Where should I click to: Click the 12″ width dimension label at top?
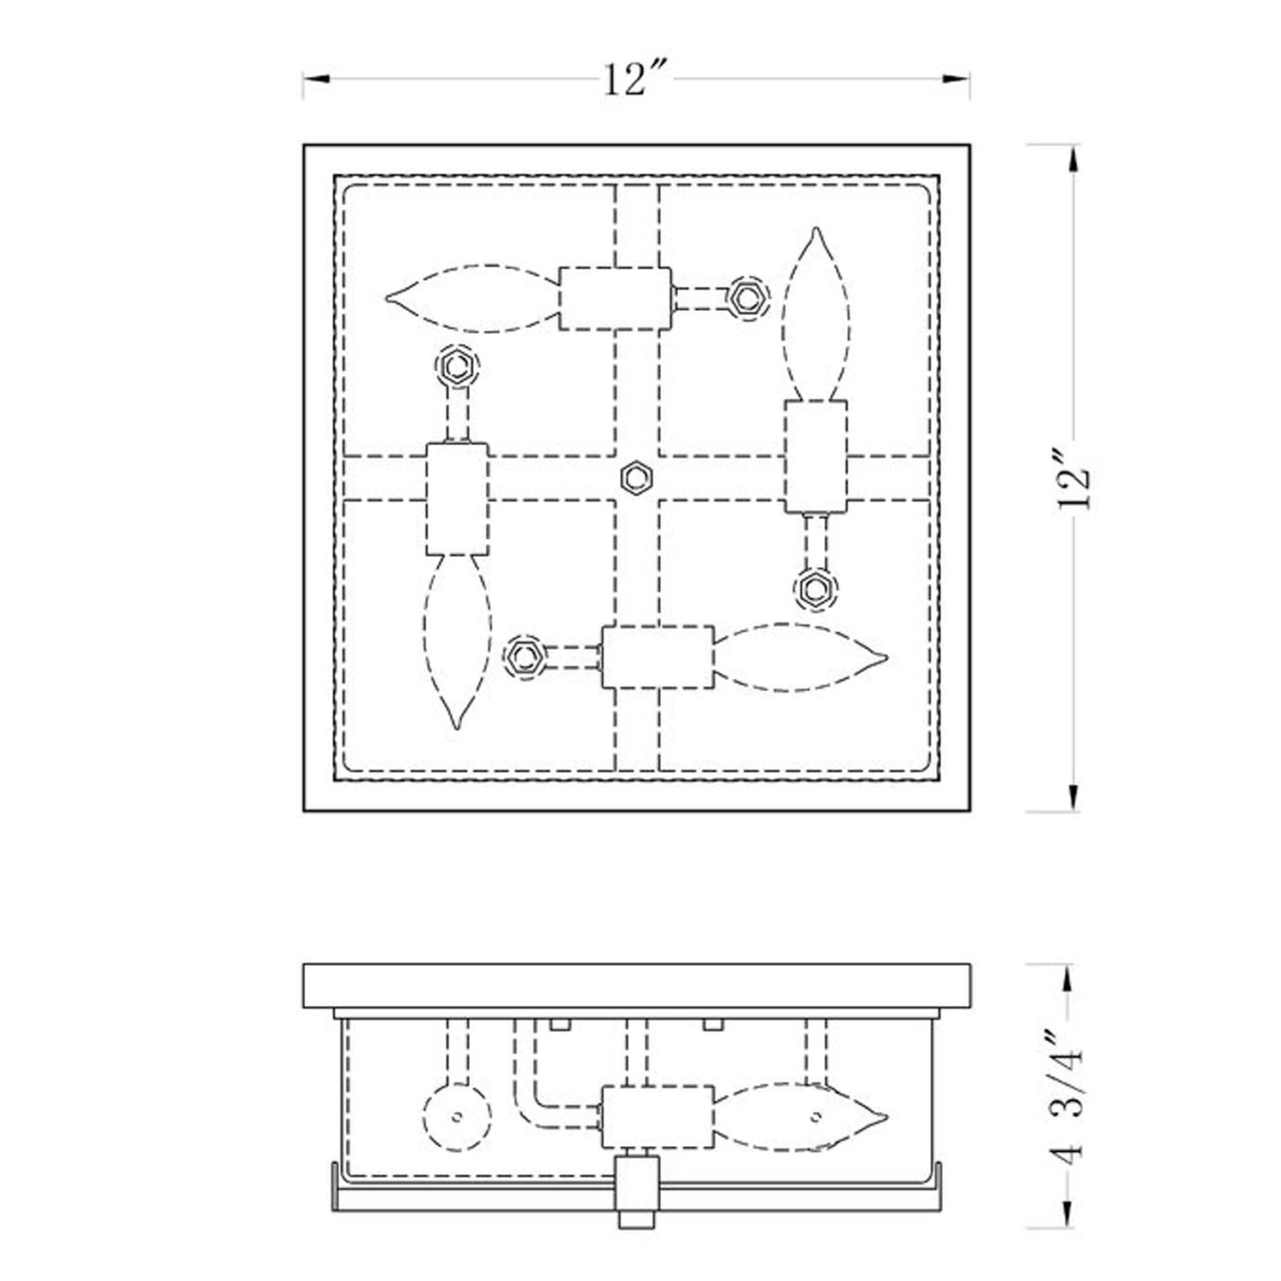click(x=635, y=79)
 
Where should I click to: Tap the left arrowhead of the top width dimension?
click(x=316, y=79)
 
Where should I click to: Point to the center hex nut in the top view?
click(x=636, y=477)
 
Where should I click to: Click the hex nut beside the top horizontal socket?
click(x=748, y=297)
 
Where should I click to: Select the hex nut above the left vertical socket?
click(x=457, y=366)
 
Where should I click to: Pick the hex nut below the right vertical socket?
click(x=816, y=589)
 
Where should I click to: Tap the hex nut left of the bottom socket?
click(x=524, y=657)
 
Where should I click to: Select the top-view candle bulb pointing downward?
click(x=457, y=642)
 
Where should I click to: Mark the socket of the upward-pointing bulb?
click(x=816, y=457)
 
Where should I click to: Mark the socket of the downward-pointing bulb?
click(x=457, y=499)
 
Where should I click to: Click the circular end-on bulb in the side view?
click(x=458, y=1116)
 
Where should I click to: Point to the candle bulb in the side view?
click(x=800, y=1116)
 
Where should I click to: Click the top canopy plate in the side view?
click(x=636, y=986)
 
